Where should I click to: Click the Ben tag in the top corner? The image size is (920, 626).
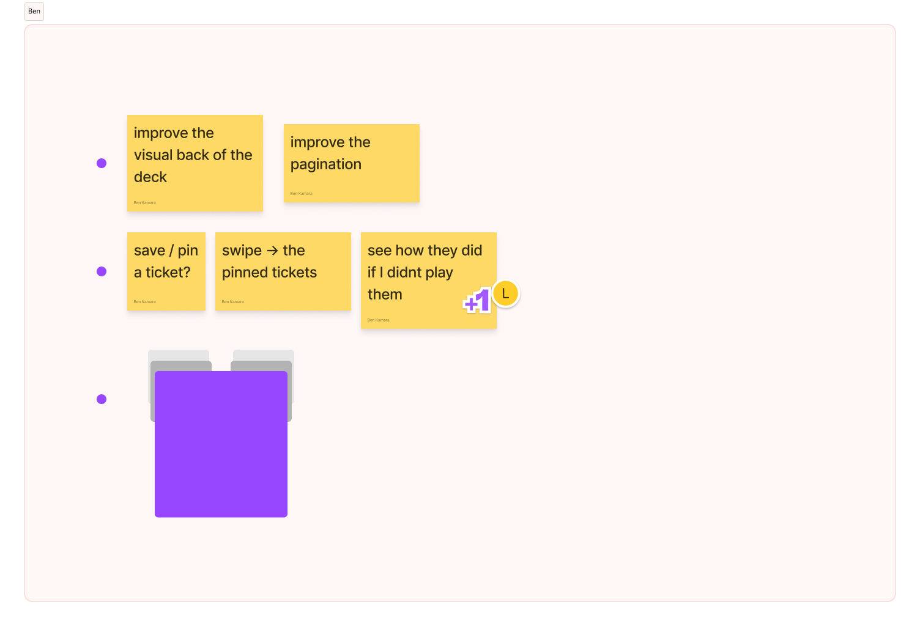pos(34,12)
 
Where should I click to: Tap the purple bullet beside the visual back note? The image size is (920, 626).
pos(102,163)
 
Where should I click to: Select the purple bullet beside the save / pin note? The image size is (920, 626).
pos(102,271)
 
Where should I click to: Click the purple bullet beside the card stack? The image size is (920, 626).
pos(102,399)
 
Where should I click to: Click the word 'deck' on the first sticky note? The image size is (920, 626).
pos(150,177)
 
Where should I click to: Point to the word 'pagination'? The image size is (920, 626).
pos(326,164)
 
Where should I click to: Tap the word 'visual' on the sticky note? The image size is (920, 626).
pos(153,155)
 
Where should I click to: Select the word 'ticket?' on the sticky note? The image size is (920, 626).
pos(168,273)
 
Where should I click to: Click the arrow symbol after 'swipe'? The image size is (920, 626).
pos(272,251)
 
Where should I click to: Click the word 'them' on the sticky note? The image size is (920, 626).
pos(385,295)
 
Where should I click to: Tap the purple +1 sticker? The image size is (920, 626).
pos(478,301)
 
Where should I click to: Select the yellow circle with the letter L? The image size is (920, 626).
pos(505,294)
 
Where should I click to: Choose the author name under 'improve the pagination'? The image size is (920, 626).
pos(301,194)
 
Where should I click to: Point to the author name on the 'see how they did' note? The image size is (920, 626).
pos(378,320)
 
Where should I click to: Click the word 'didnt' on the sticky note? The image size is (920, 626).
pos(405,273)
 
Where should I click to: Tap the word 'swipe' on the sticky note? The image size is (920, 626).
pos(242,251)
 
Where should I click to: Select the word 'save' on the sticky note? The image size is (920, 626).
pos(150,251)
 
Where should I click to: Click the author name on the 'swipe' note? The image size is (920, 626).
pos(232,302)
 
